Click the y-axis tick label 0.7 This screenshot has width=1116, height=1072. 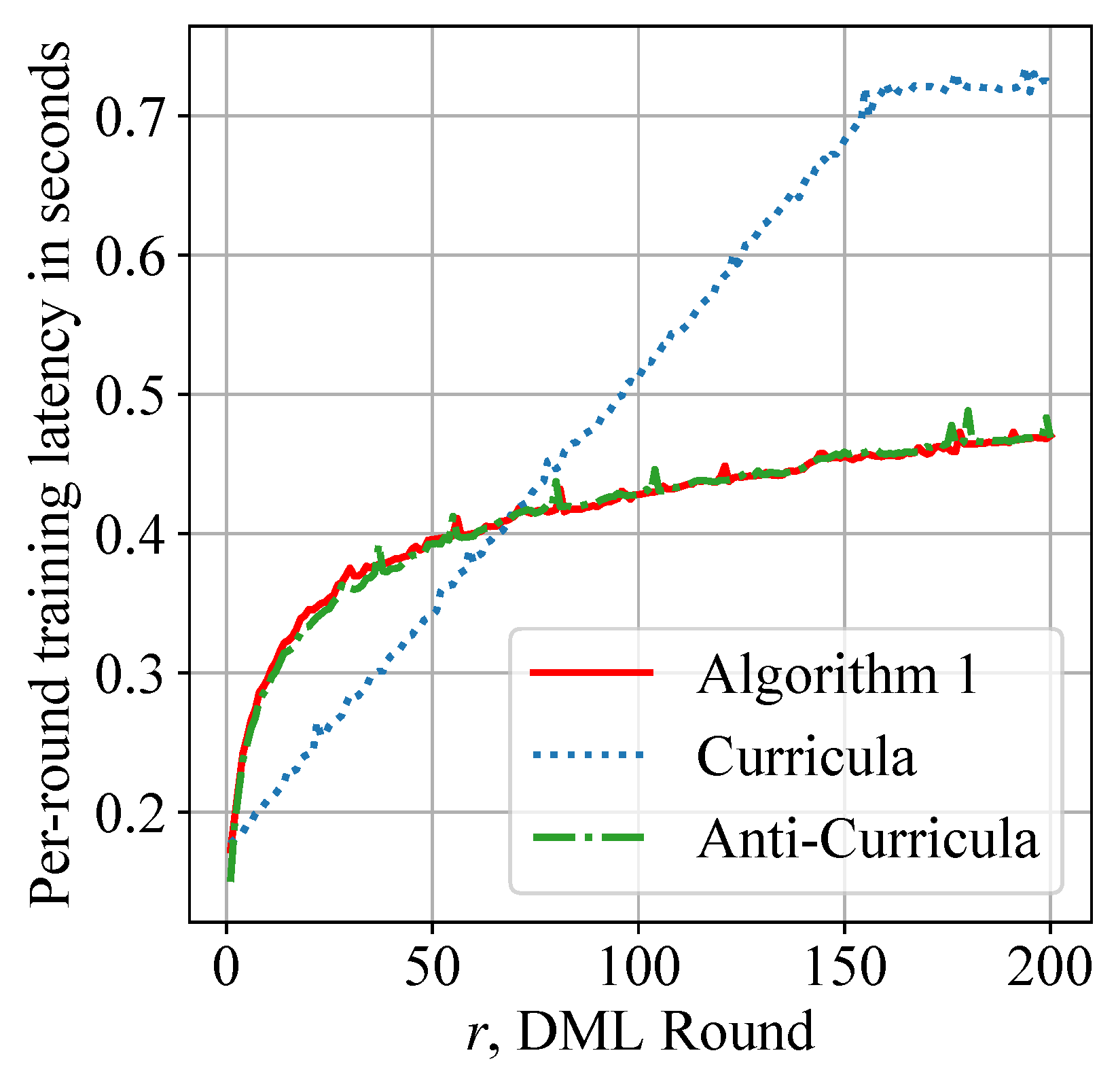130,117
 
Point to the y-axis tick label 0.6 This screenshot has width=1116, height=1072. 130,256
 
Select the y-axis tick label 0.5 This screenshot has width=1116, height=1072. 130,395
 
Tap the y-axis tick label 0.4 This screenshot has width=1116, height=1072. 130,534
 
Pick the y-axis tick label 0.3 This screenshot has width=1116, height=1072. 130,673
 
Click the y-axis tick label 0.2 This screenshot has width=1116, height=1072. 130,812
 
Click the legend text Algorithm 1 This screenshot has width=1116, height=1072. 838,675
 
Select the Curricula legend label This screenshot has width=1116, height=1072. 806,756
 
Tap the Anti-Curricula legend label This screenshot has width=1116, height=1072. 868,838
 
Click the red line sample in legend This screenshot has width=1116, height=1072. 591,673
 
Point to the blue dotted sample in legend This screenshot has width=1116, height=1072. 591,754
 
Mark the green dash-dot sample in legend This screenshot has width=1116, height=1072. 591,837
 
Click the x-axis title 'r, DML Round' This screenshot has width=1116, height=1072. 640,1031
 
